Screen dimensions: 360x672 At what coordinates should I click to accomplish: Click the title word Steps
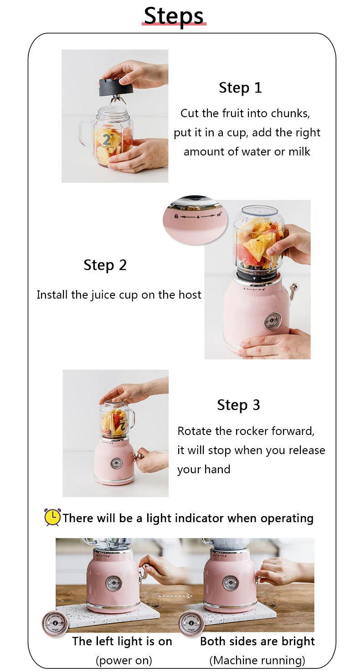coord(174,16)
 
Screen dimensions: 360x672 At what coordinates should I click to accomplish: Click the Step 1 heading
coord(241,88)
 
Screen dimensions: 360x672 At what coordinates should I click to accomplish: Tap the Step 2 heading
coord(105,265)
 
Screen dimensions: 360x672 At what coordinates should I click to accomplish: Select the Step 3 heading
coord(239,405)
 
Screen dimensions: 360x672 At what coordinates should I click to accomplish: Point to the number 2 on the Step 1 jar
coord(107,140)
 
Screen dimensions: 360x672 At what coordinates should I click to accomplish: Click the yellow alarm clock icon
coord(52,517)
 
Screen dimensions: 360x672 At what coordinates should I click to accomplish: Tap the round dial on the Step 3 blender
coord(116,464)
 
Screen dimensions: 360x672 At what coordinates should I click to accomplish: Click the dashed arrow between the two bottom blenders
coord(175,595)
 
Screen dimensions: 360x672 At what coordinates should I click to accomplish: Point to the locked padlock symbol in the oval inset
coord(176,216)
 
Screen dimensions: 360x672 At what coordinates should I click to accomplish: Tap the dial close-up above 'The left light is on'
coord(55,623)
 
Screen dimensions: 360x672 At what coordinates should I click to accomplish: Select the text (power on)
coord(124,660)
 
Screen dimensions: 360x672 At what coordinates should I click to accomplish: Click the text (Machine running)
coord(257,660)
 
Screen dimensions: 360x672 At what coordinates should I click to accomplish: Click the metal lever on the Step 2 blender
coord(293,289)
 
